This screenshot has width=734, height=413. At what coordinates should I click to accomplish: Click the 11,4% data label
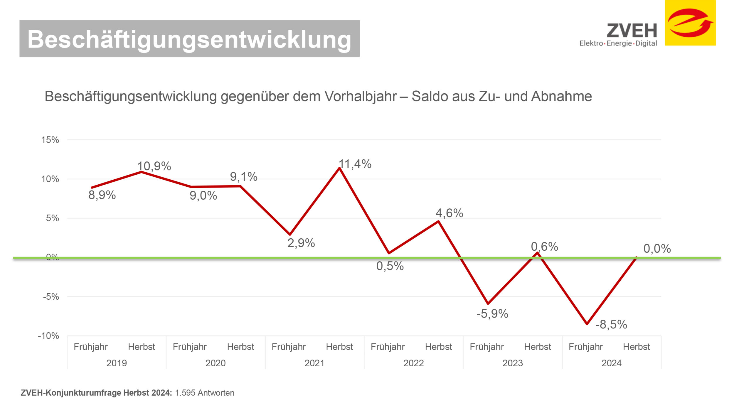(355, 164)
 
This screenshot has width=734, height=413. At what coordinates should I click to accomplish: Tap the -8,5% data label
(611, 324)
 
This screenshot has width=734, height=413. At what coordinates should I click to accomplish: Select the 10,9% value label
(154, 166)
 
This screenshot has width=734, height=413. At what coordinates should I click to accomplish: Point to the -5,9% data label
(492, 313)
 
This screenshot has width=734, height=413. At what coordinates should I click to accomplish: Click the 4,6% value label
(449, 213)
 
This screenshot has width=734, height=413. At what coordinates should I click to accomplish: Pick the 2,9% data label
(301, 243)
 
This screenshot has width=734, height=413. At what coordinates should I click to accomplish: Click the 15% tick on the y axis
(50, 140)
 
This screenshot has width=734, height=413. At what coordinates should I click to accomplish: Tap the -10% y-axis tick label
(48, 336)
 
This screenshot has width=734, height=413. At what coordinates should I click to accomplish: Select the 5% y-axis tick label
(53, 218)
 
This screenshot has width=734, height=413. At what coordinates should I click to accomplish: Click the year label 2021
(314, 363)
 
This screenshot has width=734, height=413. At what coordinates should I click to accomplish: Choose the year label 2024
(612, 363)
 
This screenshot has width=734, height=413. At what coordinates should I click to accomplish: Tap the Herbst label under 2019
(142, 347)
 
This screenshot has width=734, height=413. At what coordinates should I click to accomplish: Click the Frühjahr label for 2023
(487, 347)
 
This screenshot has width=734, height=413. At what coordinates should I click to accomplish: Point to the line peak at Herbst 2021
(339, 168)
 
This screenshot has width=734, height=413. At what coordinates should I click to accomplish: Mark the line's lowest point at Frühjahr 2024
(587, 324)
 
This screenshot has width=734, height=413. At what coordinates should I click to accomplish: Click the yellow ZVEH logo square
(690, 23)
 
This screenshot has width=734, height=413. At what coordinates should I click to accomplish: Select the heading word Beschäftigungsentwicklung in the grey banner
(189, 39)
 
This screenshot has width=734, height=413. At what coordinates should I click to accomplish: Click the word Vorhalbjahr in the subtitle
(361, 96)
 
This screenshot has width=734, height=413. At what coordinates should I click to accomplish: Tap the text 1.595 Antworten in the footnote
(205, 393)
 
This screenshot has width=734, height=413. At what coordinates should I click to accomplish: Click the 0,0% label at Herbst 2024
(657, 249)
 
